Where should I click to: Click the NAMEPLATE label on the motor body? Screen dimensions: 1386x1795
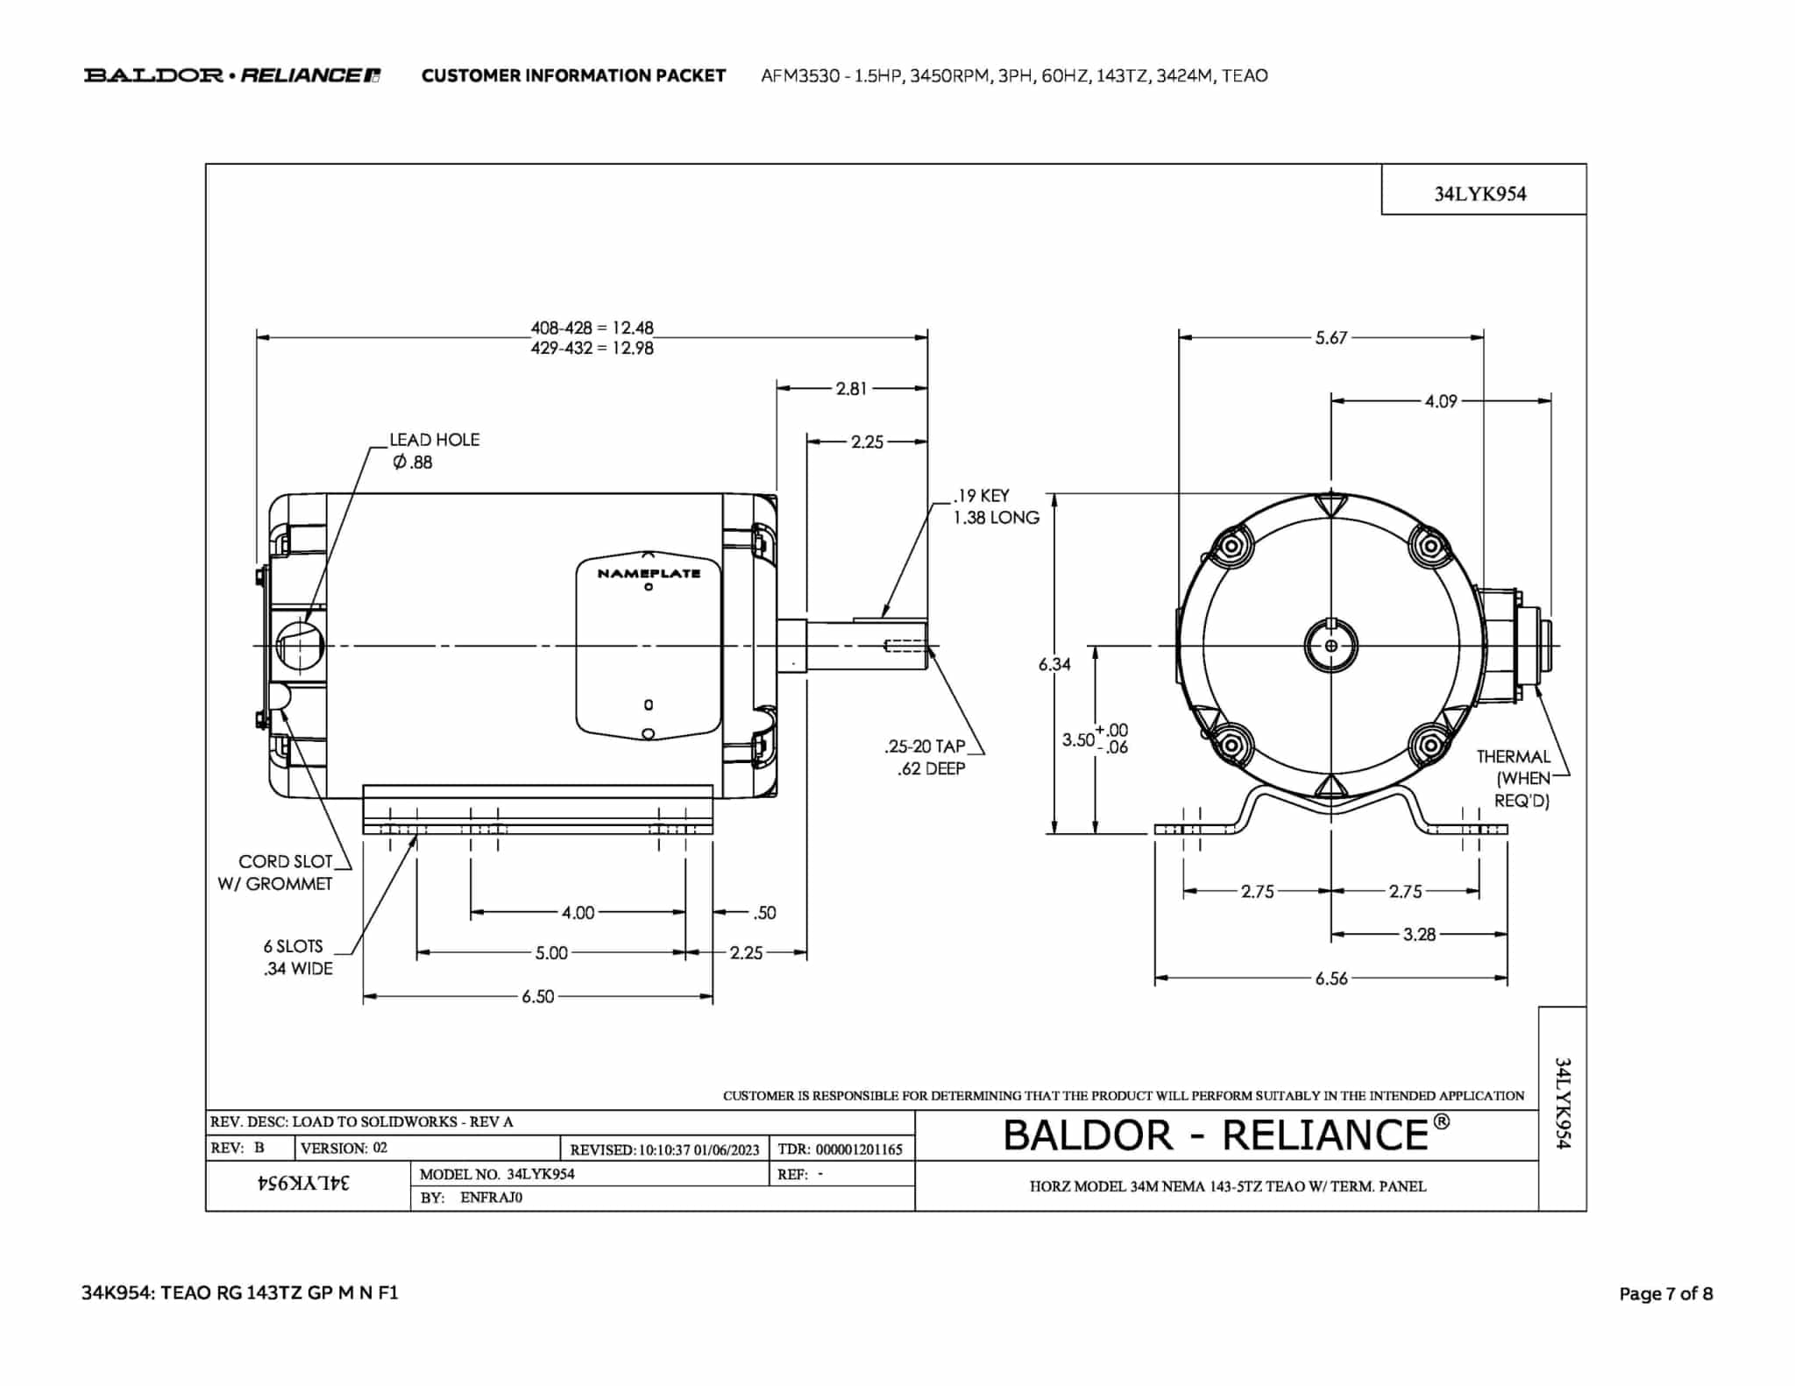[x=649, y=574]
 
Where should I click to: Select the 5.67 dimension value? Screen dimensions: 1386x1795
[x=1330, y=338]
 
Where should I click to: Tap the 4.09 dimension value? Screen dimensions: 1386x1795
[x=1440, y=401]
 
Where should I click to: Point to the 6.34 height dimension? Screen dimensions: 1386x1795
[x=1054, y=664]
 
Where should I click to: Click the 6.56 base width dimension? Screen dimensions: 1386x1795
[x=1330, y=979]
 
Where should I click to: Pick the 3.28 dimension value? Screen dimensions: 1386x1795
[x=1419, y=935]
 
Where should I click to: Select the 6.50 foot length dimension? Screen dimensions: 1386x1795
[x=538, y=997]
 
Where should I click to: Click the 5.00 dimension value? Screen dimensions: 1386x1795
[x=551, y=953]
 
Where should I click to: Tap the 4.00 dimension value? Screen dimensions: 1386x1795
[x=578, y=913]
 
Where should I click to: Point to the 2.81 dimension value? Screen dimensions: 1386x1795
[x=851, y=389]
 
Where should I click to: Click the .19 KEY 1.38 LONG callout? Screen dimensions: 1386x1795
[x=996, y=506]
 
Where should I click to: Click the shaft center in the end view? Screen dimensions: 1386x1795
[x=1330, y=646]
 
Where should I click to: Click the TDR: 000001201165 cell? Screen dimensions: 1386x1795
[x=840, y=1149]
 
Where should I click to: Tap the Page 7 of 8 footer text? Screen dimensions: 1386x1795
[x=1665, y=1293]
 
